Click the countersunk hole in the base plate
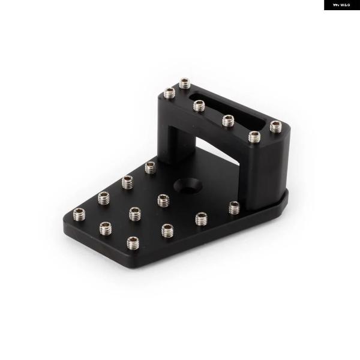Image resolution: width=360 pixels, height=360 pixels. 188,185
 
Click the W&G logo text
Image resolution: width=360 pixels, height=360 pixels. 341,5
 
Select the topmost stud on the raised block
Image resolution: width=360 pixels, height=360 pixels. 185,83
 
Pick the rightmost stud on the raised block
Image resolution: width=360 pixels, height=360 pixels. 276,127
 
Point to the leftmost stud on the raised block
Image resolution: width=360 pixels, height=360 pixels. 169,93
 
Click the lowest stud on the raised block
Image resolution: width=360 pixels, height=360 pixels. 254,137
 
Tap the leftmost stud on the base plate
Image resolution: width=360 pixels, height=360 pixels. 79,214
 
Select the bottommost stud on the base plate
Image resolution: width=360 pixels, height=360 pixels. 133,243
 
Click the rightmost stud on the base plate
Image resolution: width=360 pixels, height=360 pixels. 235,208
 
